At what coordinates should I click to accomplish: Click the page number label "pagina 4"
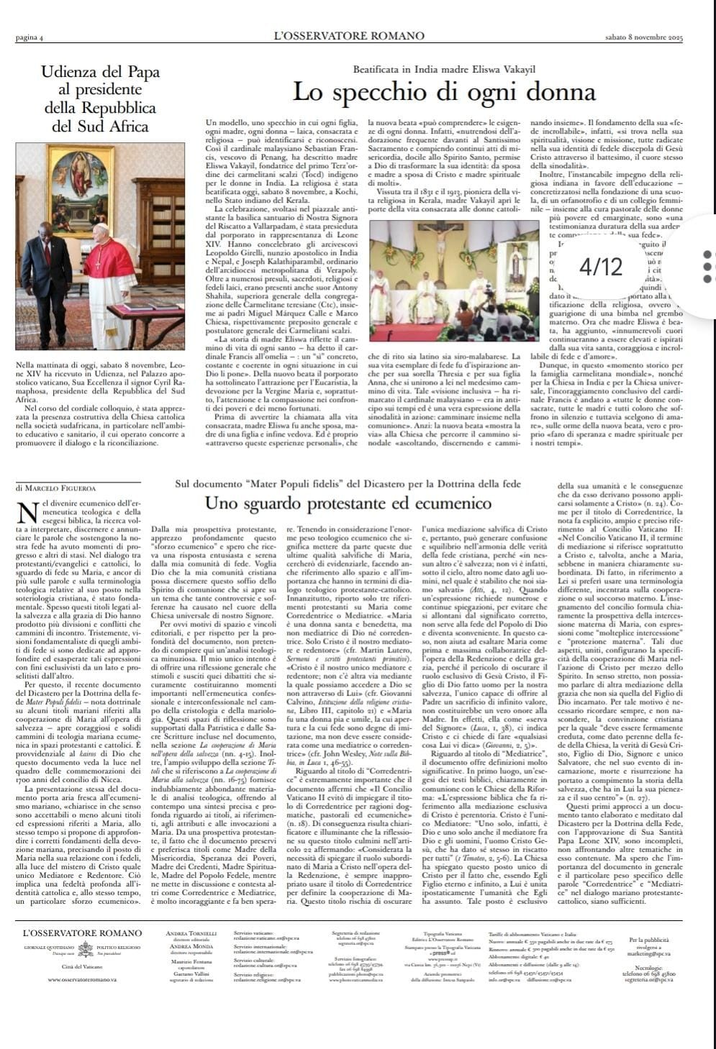(30, 37)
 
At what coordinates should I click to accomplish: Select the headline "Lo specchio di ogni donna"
(444, 92)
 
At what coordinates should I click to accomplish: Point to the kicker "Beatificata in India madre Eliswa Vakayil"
(444, 69)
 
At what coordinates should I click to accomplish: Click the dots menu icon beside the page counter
(707, 266)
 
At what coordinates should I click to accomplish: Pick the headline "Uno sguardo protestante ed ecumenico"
(348, 503)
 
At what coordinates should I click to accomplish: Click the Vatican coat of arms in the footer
(86, 948)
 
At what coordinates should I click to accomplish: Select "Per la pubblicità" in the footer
(649, 940)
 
